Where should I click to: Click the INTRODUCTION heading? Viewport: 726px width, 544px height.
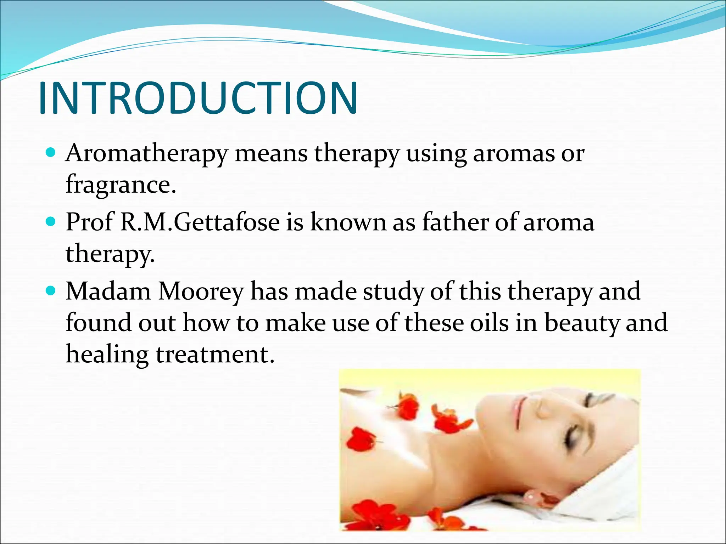pos(198,98)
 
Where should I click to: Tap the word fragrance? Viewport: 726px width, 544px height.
pos(121,185)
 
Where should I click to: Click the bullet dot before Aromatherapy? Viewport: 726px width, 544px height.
pos(51,153)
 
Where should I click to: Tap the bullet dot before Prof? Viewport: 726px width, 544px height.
pos(51,222)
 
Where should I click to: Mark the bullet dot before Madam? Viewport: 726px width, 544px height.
pos(51,291)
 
